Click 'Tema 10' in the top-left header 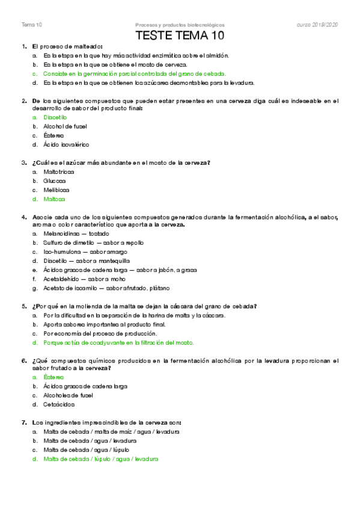[31, 25]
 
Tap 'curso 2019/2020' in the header [317, 25]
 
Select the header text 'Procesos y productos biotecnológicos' [180, 25]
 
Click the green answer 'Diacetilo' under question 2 [55, 117]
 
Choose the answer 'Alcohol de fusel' [66, 126]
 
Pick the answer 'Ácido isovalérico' [66, 145]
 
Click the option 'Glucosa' [55, 180]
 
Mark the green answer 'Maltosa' [55, 198]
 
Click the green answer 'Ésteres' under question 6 [53, 377]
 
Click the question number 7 [23, 422]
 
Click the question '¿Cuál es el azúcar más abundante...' [125, 162]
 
